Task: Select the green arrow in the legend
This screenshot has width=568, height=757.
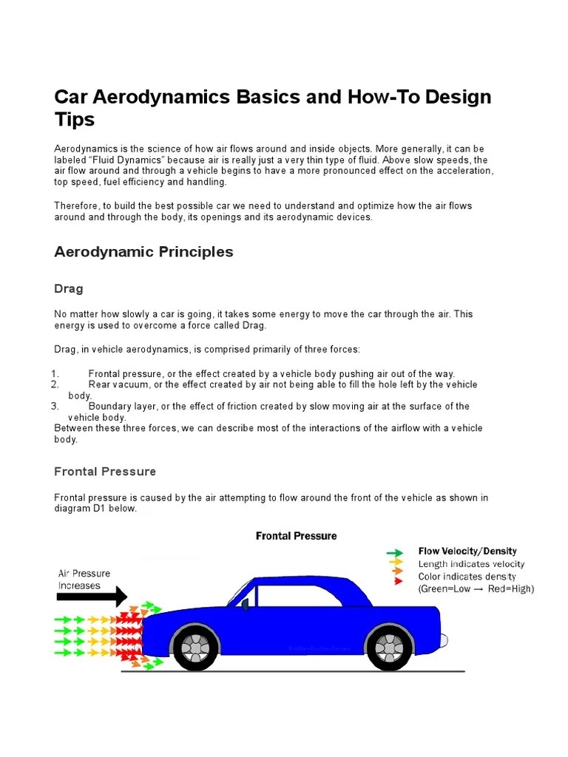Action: point(395,552)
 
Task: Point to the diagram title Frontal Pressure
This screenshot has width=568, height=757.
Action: point(296,536)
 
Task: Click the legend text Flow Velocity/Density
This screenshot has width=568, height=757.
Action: point(467,551)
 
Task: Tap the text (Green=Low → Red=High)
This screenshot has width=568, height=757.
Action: point(476,589)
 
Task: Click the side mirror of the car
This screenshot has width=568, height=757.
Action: point(245,605)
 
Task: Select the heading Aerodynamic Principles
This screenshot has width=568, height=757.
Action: point(143,252)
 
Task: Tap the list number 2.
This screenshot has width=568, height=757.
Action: point(55,384)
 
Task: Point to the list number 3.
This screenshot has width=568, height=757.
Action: point(55,406)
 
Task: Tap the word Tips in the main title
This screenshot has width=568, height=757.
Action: point(75,120)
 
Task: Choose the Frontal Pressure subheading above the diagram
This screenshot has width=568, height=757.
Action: point(105,472)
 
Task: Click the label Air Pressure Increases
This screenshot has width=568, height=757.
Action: point(84,579)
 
